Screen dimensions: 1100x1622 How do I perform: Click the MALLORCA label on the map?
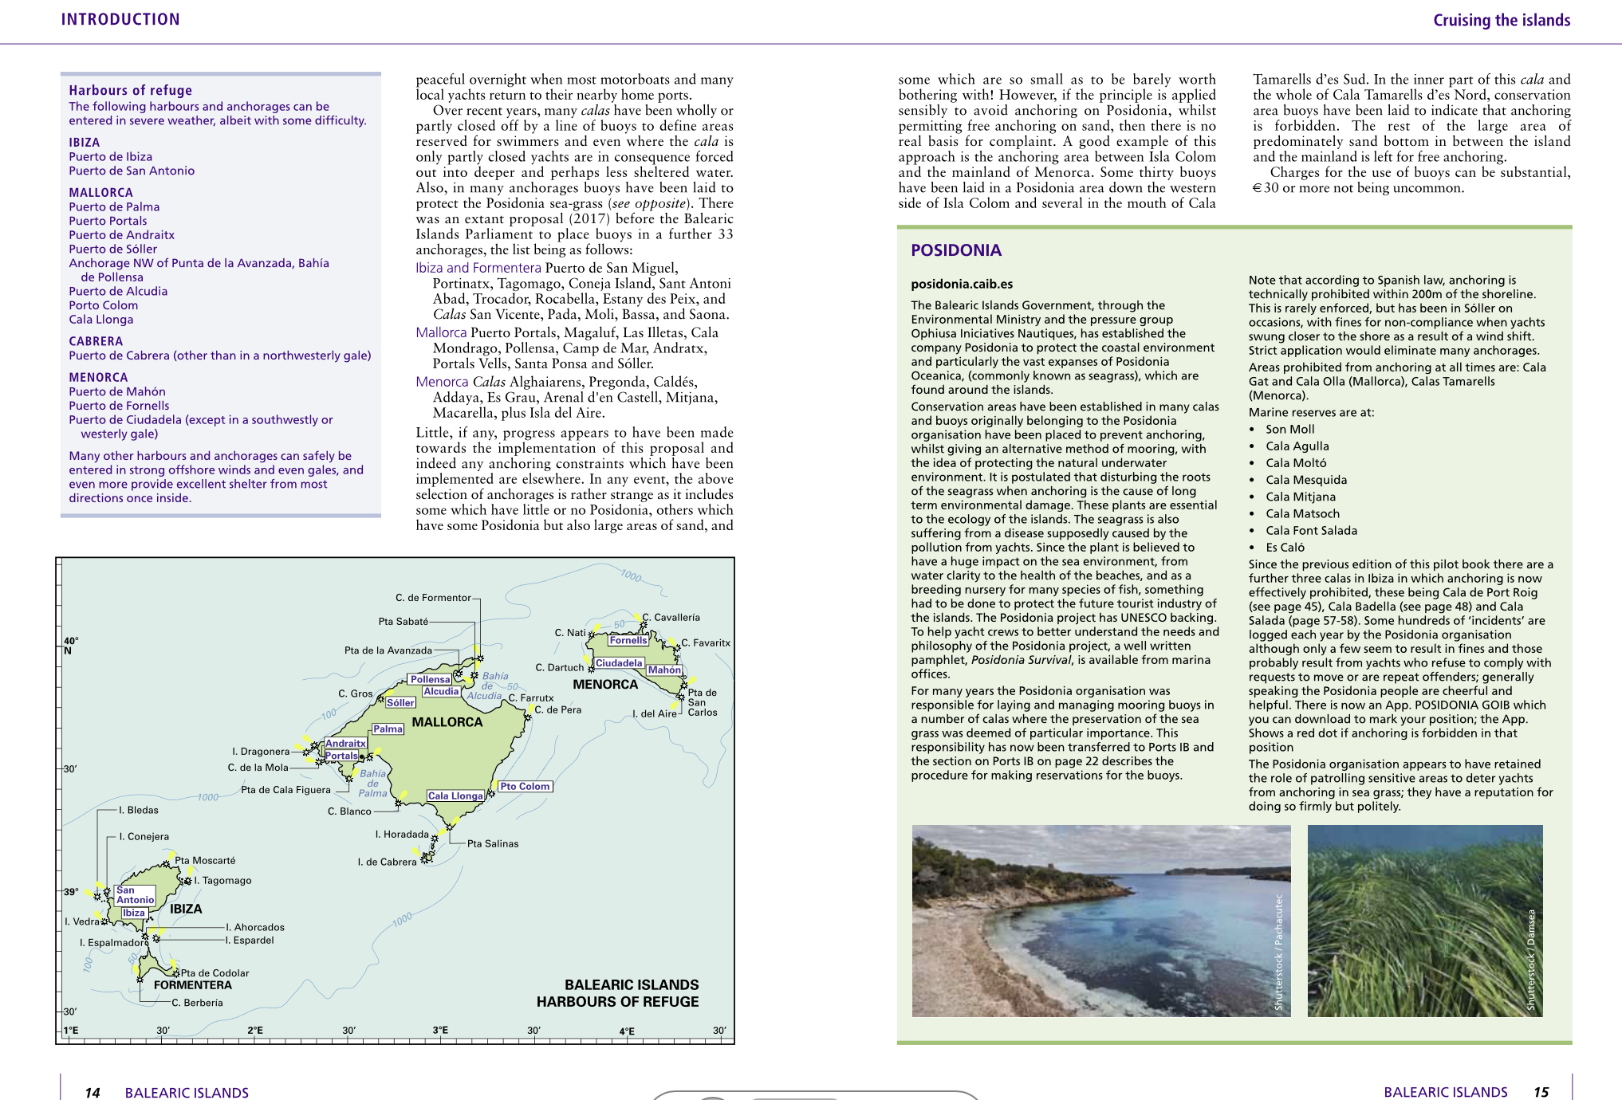coord(447,722)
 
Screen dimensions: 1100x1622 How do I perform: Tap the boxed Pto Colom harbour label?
coord(525,787)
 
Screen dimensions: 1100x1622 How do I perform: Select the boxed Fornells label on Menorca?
coord(628,640)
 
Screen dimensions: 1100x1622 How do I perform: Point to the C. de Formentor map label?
coord(433,598)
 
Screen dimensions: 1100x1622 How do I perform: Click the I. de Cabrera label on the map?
coord(387,862)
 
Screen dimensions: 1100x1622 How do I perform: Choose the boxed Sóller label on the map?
coord(400,703)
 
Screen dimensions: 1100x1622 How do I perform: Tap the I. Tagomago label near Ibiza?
coord(222,881)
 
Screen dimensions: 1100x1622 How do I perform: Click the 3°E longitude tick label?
coord(440,1030)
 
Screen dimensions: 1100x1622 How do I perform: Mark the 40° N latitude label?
coord(71,646)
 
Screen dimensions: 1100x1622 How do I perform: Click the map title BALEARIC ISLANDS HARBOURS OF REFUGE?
coord(617,993)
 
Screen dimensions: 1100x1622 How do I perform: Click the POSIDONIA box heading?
coord(955,250)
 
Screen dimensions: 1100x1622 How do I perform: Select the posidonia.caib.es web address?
coord(962,284)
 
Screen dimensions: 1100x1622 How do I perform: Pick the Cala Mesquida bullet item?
coord(1305,480)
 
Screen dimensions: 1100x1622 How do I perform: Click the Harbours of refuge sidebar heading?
coord(130,90)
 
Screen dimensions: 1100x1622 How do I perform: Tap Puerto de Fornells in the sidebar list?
coord(119,406)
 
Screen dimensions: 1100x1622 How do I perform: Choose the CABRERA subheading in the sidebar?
coord(96,341)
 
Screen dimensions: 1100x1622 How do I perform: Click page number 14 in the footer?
coord(93,1092)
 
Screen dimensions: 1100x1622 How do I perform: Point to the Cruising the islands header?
coord(1501,20)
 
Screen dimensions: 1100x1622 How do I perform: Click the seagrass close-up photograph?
coord(1424,921)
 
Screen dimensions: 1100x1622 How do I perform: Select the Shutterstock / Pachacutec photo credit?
coord(1279,952)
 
